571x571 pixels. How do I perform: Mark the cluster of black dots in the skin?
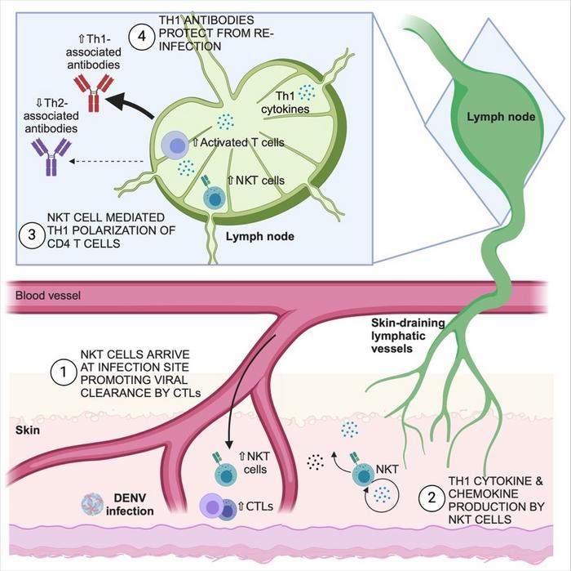pyautogui.click(x=316, y=462)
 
